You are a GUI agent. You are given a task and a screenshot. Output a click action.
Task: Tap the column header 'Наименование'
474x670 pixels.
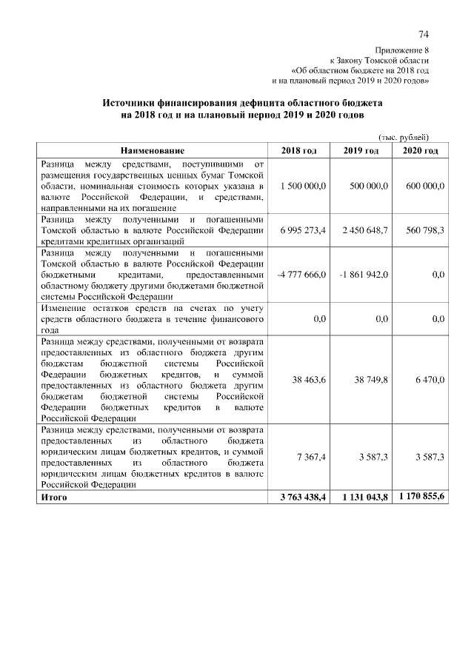click(x=153, y=150)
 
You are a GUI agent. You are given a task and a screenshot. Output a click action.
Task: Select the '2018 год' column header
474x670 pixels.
click(x=299, y=150)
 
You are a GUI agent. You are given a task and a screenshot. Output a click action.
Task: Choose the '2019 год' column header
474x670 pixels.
click(x=361, y=150)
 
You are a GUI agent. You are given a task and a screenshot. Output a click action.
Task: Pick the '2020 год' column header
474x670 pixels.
click(x=420, y=150)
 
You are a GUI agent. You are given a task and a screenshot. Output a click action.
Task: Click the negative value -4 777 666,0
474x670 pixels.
click(x=301, y=275)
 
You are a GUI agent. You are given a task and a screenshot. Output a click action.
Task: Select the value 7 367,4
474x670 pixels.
click(x=311, y=457)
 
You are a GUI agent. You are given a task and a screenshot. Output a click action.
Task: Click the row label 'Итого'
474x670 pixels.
click(x=53, y=497)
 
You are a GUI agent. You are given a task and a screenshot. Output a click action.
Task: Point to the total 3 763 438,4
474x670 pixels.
click(x=303, y=498)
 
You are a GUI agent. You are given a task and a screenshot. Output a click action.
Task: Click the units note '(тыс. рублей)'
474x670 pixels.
click(x=403, y=137)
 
